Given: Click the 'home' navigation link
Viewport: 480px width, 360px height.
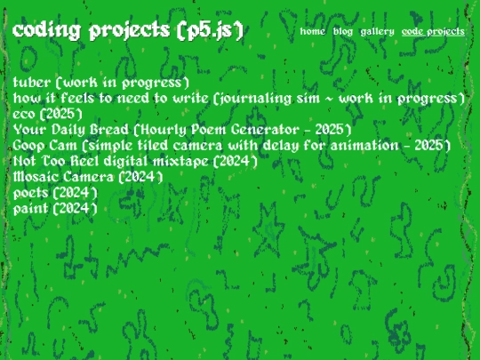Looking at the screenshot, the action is pos(312,31).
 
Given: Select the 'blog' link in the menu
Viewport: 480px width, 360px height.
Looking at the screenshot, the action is pos(343,31).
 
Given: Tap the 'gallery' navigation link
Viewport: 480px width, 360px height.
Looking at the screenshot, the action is pos(377,32).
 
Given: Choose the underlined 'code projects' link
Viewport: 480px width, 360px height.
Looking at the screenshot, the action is pos(433,32).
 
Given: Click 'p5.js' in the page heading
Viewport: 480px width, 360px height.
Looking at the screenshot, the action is pos(211,31).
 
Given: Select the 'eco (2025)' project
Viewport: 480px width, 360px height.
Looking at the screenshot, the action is pos(48,114).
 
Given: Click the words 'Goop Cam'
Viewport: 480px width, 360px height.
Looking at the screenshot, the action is pos(45,146).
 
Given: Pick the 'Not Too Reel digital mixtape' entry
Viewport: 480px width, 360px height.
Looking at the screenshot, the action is pos(135,161).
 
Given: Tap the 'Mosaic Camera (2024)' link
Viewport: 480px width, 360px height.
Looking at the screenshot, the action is pos(88,177).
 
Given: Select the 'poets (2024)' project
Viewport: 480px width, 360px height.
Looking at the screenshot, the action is pos(55,193).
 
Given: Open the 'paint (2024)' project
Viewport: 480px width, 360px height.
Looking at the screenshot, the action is pos(55,209).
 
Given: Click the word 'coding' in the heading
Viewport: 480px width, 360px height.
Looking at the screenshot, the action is pos(47,31).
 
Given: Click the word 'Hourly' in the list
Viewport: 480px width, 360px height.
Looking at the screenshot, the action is pos(164,130).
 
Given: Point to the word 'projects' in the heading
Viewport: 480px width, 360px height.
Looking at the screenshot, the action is pos(130,31).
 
